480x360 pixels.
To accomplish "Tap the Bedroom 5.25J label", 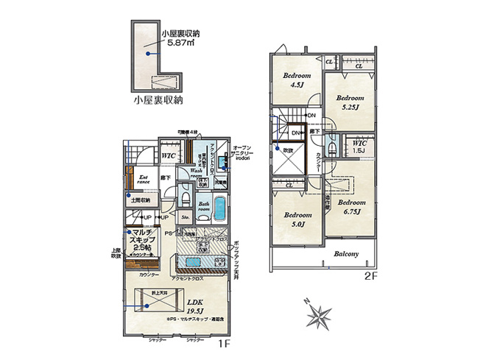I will (x=350, y=102).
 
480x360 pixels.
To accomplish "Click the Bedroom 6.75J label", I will (x=353, y=206).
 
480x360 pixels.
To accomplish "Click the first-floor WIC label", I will (x=167, y=156).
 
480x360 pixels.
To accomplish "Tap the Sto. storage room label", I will (x=185, y=217).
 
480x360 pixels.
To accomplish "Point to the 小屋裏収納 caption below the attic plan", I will (x=158, y=98).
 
